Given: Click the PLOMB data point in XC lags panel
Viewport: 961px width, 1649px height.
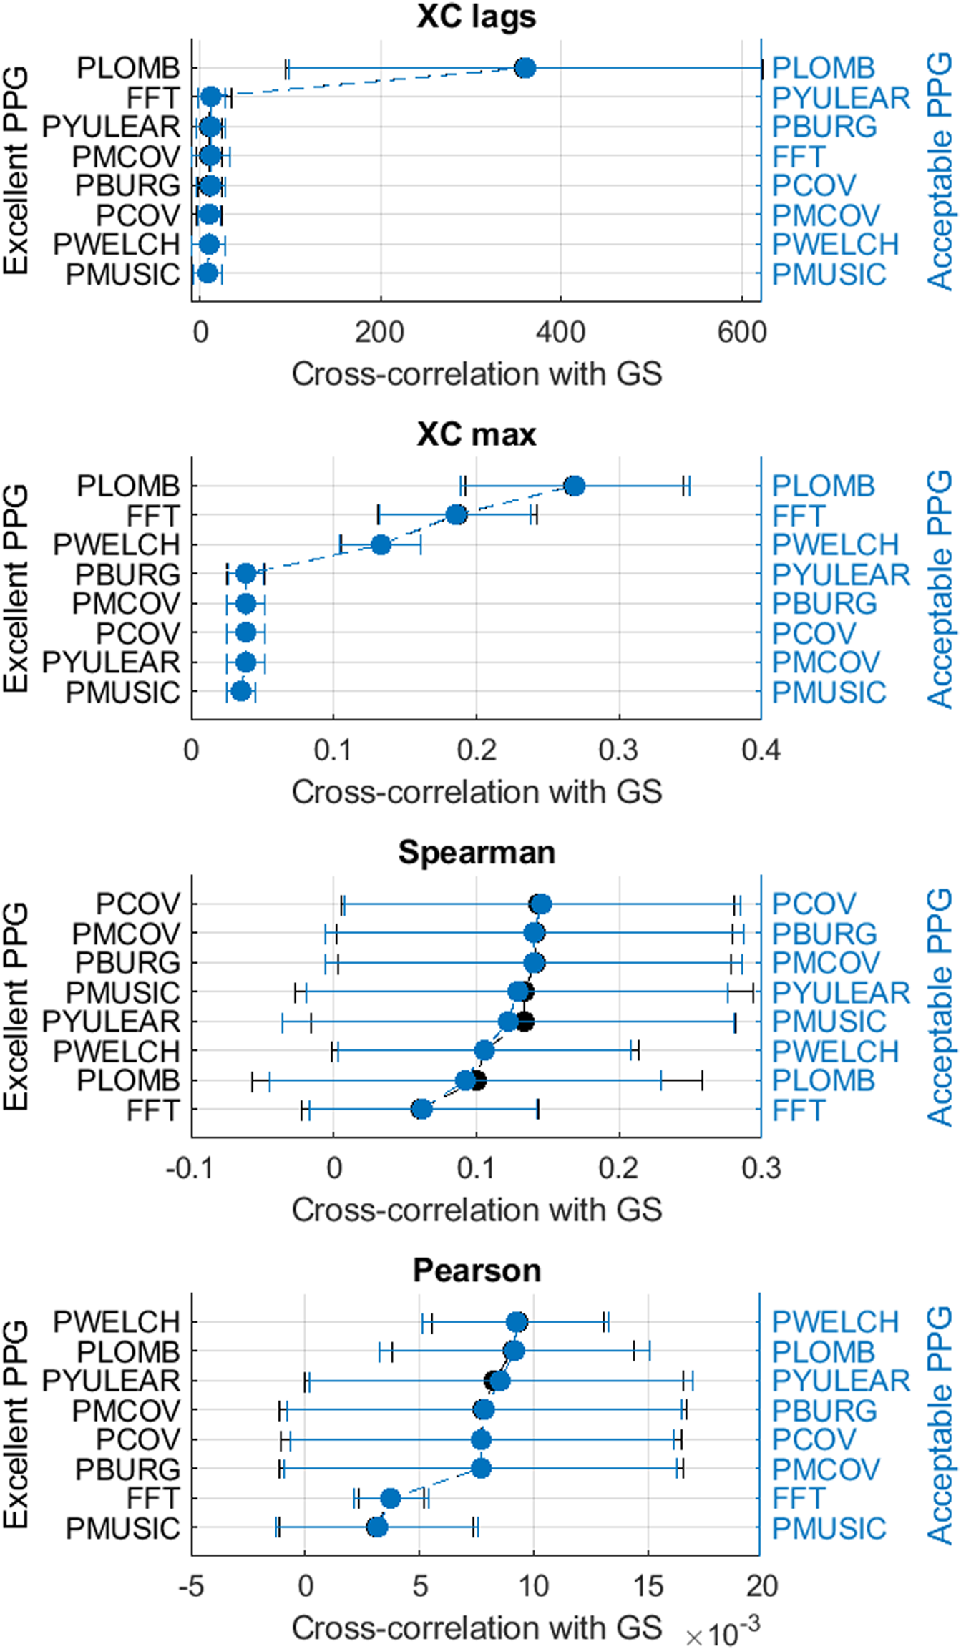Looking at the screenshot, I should (525, 68).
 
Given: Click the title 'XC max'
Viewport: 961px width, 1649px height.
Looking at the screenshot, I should (476, 434).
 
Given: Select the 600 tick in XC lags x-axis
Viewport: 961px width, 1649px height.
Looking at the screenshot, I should (741, 332).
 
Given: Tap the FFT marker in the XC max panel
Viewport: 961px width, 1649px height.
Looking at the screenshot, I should (456, 514).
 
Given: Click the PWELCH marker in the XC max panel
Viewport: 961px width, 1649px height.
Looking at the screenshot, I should (381, 544).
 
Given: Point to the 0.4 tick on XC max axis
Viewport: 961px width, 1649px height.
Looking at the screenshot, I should (761, 750).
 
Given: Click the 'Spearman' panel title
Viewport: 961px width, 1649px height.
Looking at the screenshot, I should (476, 852).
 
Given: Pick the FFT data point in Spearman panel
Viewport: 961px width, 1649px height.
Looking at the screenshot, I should (421, 1110).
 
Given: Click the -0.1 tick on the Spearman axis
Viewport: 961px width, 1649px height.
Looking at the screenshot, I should (190, 1168).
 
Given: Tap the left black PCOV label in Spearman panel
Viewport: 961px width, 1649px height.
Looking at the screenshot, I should (137, 904).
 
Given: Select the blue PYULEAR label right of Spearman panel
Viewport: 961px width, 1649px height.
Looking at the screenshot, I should (840, 992).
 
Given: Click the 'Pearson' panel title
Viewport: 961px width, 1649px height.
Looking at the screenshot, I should (476, 1271).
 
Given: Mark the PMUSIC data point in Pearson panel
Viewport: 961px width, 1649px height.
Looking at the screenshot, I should (377, 1527).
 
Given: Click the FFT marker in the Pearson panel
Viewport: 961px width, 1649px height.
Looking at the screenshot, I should (390, 1498).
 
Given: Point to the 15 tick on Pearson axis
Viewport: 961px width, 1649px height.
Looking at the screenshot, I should (648, 1586).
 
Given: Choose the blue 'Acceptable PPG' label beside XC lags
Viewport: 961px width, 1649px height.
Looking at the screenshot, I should (940, 172).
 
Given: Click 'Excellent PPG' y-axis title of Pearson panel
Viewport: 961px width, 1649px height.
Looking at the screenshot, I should (16, 1424).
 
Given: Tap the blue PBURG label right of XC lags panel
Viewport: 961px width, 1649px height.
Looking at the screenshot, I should (824, 127).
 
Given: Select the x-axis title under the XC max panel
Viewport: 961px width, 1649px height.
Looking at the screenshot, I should (476, 792).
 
